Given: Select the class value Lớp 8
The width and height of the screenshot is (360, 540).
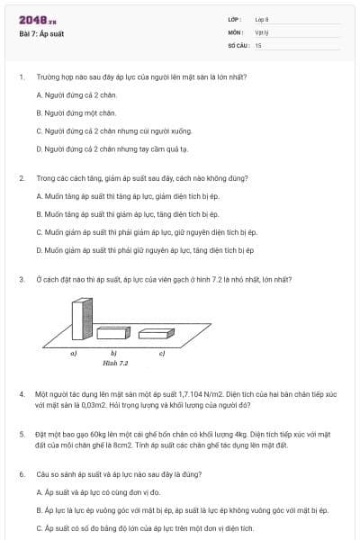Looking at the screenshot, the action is (262, 19).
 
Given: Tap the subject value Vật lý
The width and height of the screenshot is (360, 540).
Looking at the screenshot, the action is (260, 31).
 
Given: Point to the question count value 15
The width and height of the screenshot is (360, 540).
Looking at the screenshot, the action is (258, 44).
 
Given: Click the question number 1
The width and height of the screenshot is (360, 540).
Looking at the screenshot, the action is (21, 76).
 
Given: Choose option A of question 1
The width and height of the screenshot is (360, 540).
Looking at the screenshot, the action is (76, 94).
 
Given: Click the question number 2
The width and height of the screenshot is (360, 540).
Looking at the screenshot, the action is (21, 178).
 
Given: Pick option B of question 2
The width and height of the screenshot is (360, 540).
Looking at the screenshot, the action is (127, 214).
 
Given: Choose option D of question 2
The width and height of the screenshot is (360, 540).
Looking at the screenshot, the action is (145, 250).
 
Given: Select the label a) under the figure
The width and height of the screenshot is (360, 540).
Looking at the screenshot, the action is (74, 354).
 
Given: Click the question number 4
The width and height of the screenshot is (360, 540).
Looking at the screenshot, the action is (21, 394).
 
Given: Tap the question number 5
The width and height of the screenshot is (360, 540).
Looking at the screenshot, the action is (21, 434).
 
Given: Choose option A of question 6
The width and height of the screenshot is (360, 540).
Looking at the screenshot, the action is (98, 491).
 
